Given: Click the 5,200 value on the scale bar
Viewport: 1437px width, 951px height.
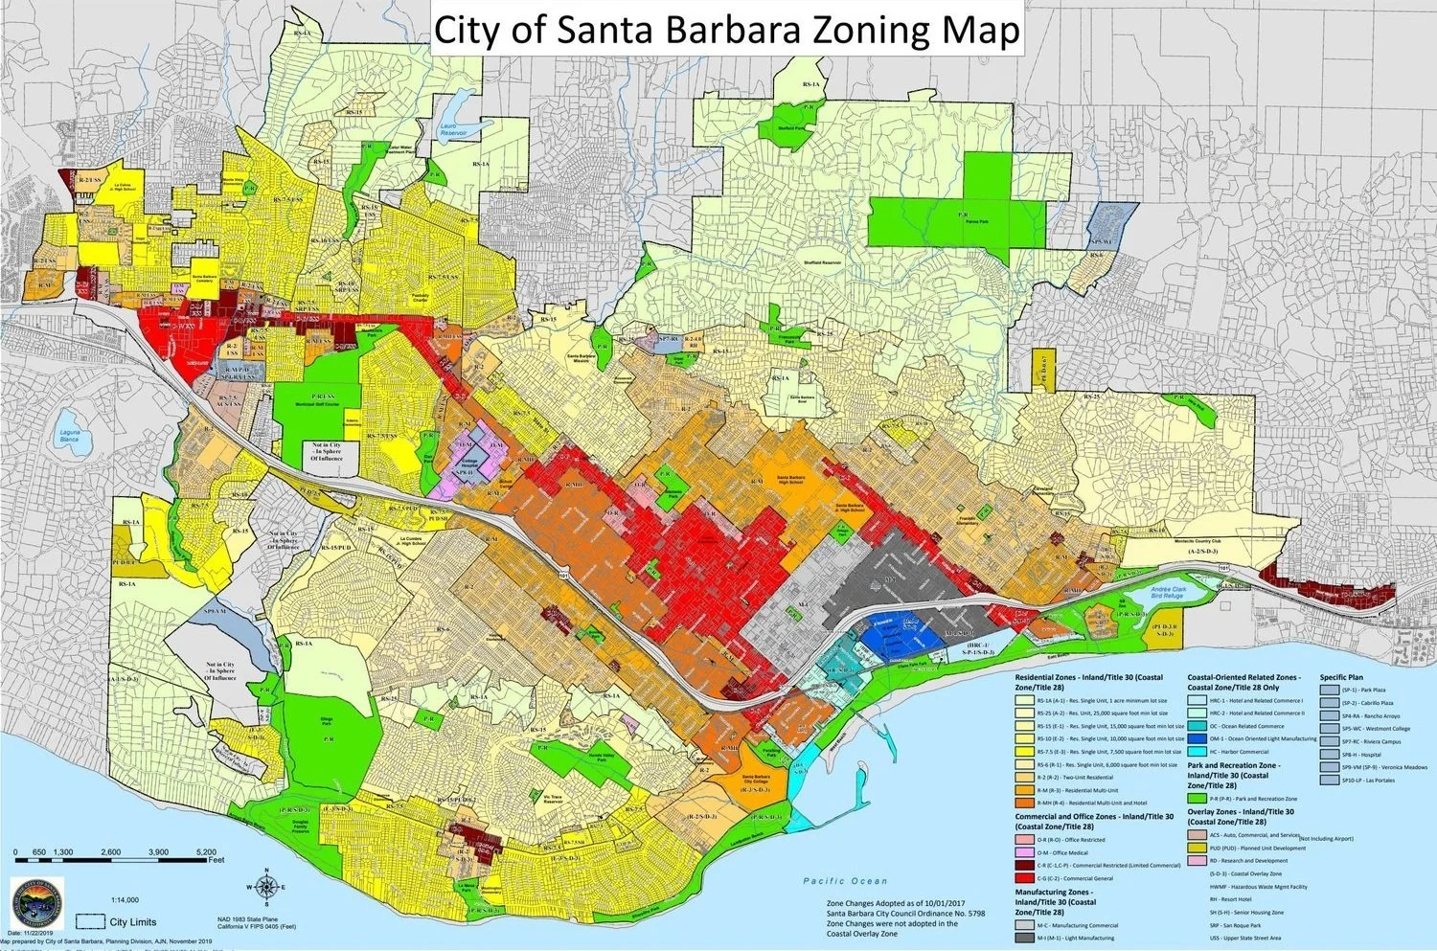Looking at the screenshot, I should (x=205, y=851).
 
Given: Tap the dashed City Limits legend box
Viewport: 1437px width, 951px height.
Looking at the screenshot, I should (x=91, y=921).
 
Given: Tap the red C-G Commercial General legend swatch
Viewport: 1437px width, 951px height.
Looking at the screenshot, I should (x=1024, y=877).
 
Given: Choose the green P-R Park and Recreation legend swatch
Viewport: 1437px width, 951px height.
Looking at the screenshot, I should (x=1196, y=798).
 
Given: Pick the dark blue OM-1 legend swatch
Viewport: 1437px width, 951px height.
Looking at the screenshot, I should (x=1196, y=738).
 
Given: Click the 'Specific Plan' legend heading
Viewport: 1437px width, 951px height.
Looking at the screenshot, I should (x=1341, y=677).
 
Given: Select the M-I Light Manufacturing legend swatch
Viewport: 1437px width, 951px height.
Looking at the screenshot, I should (x=1024, y=938).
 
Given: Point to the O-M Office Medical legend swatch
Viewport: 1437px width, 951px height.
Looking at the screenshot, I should (x=1024, y=852).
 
